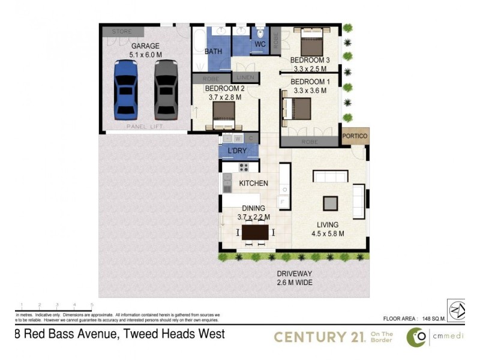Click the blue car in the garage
(126, 88)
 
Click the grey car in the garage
(166, 88)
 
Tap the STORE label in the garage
(122, 31)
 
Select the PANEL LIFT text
(145, 127)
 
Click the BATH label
(213, 52)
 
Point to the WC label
(260, 44)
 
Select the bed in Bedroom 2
(224, 115)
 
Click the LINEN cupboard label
(245, 77)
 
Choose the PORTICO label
(355, 136)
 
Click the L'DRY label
(237, 150)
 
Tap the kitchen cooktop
(244, 167)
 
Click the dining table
(255, 232)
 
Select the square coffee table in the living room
(331, 203)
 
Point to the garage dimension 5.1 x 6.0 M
(145, 55)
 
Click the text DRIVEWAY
(295, 274)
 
